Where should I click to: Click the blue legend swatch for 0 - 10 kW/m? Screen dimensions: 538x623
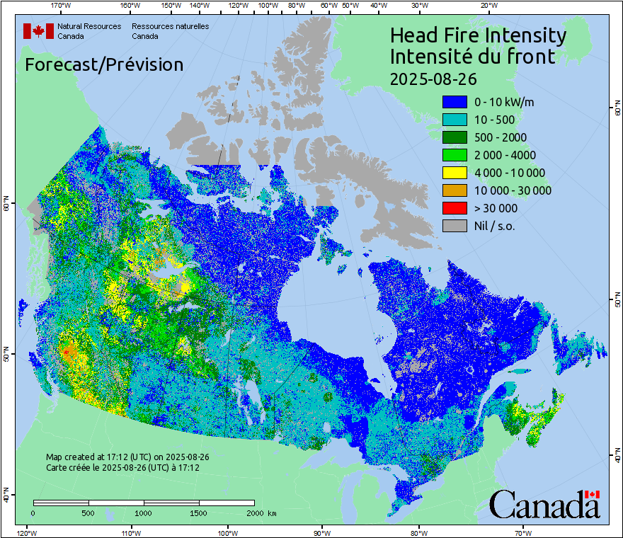click(x=455, y=102)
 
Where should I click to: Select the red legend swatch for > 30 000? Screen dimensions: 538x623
click(x=455, y=208)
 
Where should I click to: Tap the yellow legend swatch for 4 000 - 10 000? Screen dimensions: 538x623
click(x=455, y=173)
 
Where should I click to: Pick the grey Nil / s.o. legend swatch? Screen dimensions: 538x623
click(x=455, y=226)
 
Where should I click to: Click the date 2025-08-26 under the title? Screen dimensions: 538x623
click(x=433, y=78)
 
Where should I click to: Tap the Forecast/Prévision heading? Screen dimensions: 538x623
click(x=104, y=64)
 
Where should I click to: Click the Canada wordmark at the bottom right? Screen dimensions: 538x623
click(x=544, y=505)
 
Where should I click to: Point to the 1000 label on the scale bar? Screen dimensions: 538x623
click(x=144, y=513)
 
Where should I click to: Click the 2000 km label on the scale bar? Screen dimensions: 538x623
click(x=261, y=513)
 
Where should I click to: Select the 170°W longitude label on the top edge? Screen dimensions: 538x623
click(x=61, y=6)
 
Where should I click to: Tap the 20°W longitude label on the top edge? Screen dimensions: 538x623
click(x=488, y=6)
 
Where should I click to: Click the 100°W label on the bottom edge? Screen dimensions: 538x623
click(x=227, y=532)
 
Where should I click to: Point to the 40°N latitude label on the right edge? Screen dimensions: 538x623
click(x=617, y=457)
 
